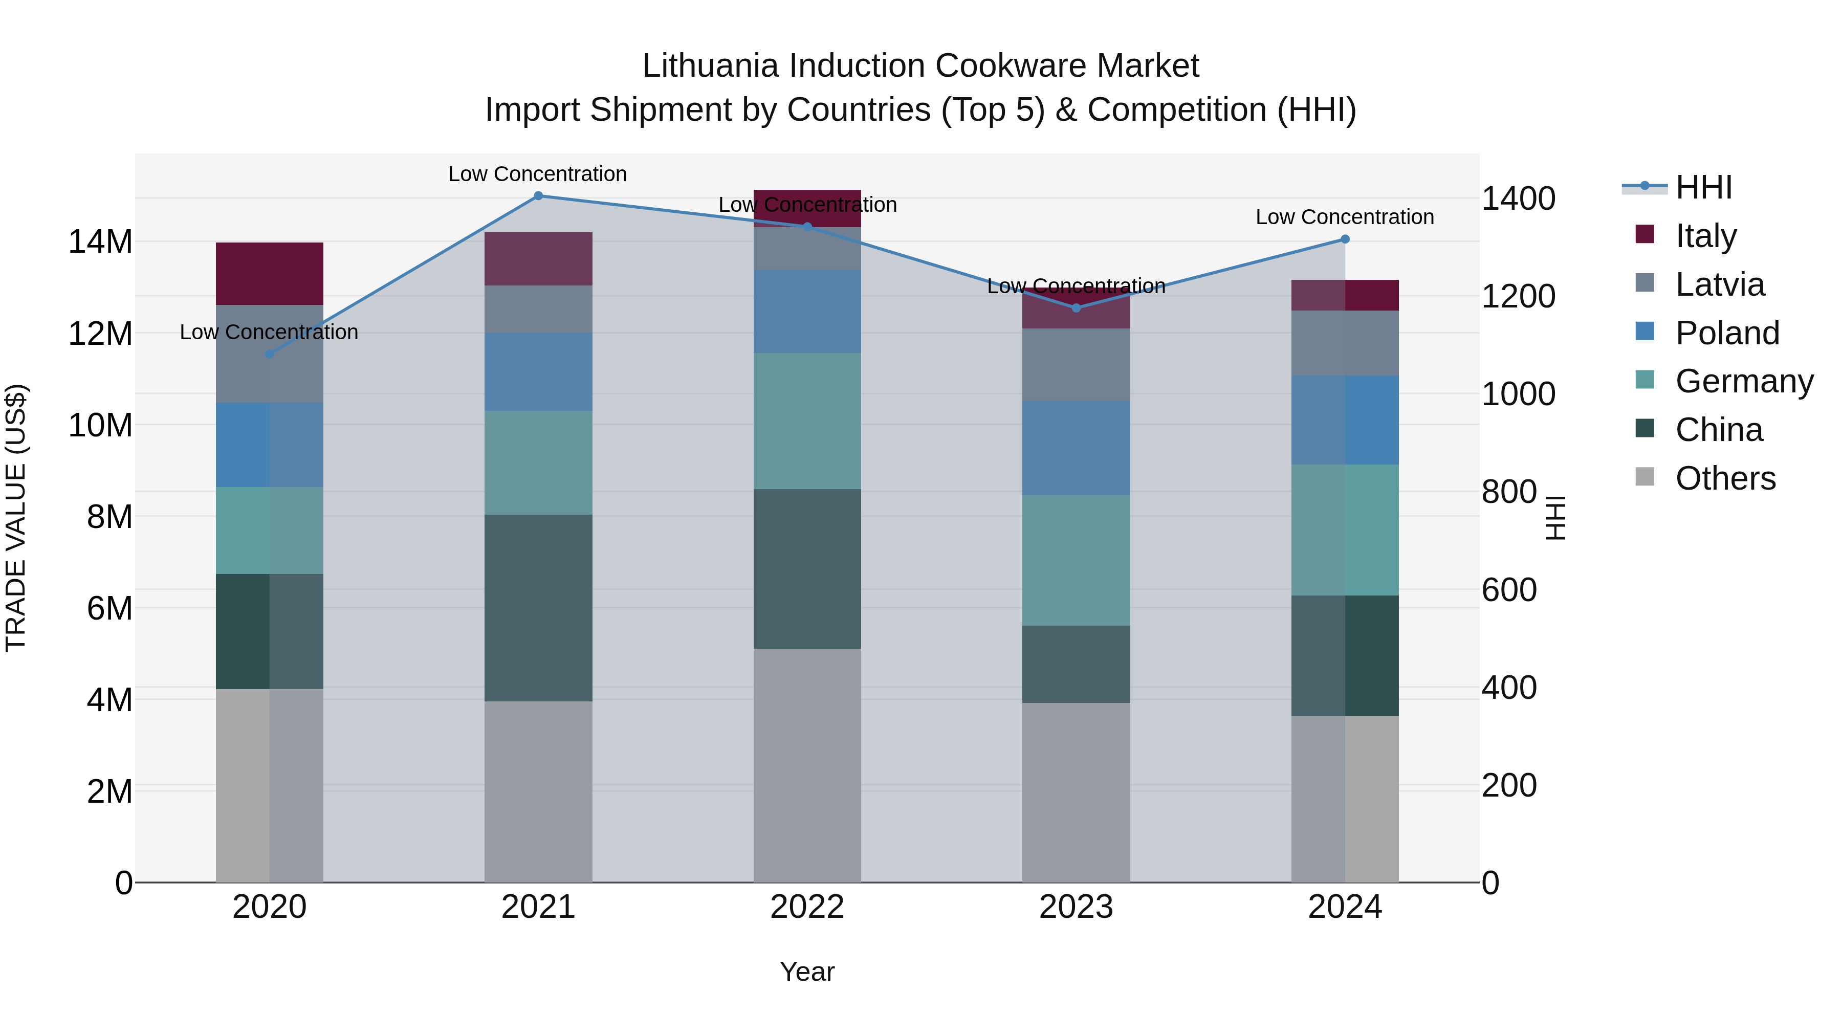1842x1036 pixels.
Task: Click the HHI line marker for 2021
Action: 538,196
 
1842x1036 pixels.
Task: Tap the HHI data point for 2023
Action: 1076,308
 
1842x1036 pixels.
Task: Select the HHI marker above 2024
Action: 1345,239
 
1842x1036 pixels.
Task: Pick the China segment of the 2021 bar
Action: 538,608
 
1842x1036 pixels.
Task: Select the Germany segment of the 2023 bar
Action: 1076,561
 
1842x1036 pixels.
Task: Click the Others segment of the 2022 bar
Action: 807,765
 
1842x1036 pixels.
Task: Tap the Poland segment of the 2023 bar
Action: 1076,448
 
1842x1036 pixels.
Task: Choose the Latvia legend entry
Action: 1719,284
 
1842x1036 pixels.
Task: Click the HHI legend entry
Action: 1703,187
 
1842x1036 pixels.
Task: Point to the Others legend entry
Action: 1725,478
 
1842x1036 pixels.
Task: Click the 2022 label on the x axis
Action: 807,907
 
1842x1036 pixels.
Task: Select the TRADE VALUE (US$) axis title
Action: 16,518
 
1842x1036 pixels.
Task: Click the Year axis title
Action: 807,972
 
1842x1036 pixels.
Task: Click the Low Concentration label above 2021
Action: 538,174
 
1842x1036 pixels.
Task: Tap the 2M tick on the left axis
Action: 109,791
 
